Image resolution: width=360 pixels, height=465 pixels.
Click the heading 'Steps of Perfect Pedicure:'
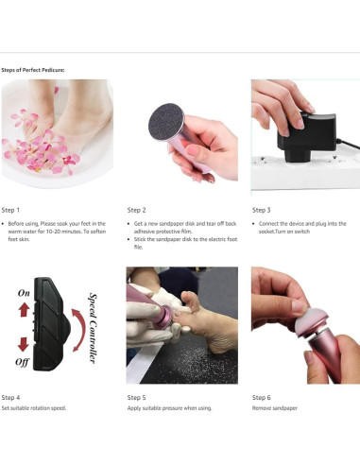click(33, 70)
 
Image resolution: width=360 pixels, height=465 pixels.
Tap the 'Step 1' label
click(10, 210)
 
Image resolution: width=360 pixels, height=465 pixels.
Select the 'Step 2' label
click(136, 210)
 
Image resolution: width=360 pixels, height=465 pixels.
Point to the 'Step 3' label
click(261, 210)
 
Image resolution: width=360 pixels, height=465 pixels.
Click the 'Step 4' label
click(10, 398)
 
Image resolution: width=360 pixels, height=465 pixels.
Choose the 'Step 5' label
click(136, 398)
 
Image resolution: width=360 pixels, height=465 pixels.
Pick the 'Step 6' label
click(261, 398)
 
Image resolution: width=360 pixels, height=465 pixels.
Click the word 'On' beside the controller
click(24, 293)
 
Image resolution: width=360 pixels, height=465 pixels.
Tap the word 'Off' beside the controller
click(23, 362)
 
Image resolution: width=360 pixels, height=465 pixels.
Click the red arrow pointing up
click(24, 310)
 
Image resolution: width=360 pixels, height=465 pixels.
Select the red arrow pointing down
click(24, 344)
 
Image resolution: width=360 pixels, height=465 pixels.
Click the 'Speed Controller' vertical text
click(93, 328)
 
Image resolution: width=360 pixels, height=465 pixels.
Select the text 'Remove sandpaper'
click(275, 408)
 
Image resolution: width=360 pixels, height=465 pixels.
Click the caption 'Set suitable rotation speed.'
click(34, 408)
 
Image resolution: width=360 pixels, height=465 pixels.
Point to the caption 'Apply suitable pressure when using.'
click(169, 408)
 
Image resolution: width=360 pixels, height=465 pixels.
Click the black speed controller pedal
click(50, 324)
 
